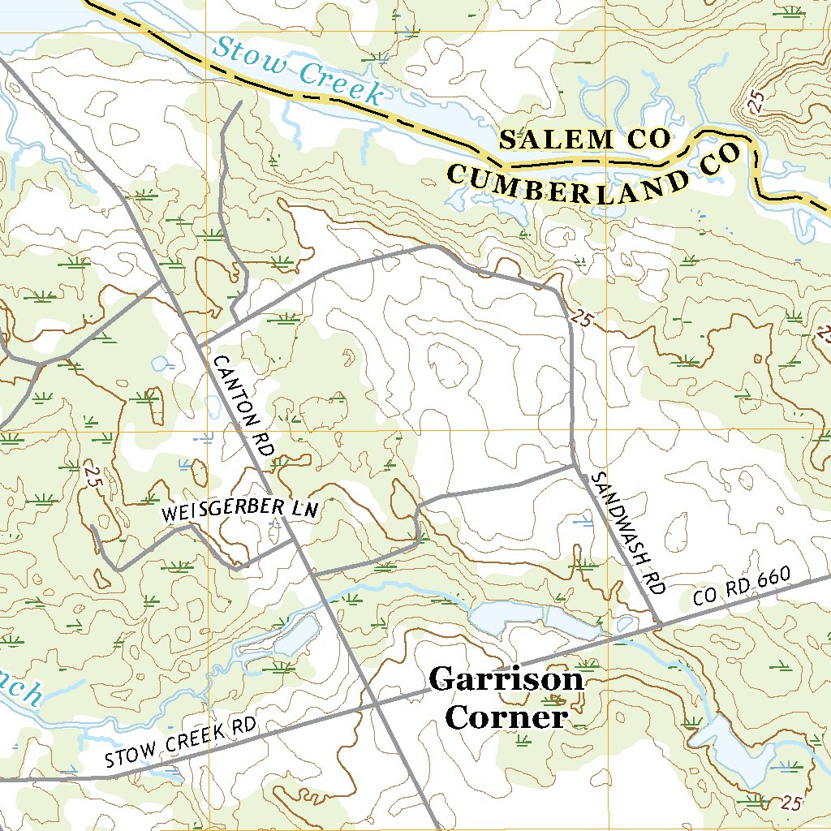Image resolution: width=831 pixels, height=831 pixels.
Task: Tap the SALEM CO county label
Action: point(584,140)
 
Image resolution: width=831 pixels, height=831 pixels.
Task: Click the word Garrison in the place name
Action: point(506,679)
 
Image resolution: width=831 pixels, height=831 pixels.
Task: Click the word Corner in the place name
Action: point(506,717)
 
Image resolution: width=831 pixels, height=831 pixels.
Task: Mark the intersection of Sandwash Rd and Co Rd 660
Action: point(658,624)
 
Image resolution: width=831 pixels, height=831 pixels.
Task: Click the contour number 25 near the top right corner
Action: point(757,101)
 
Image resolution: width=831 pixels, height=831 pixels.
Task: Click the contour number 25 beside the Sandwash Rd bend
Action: point(581,318)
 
